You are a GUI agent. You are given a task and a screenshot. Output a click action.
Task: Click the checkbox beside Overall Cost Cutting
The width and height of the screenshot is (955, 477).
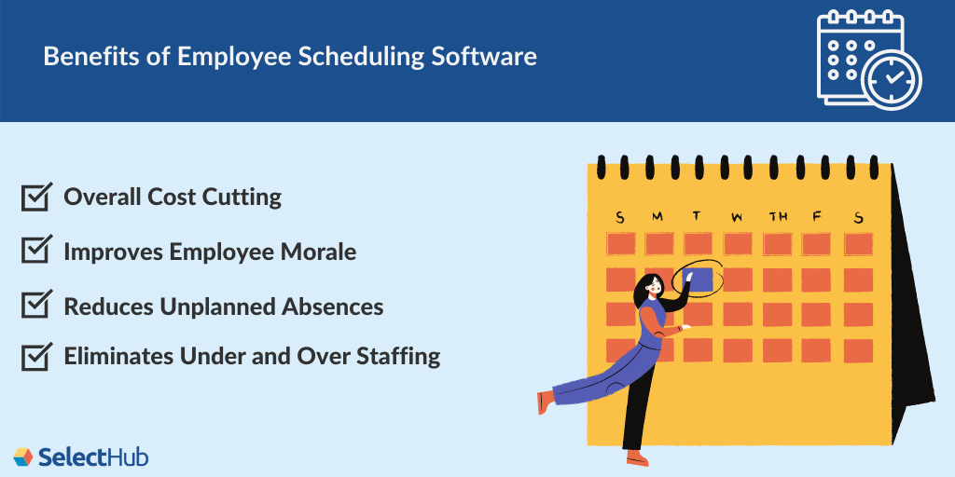pos(35,197)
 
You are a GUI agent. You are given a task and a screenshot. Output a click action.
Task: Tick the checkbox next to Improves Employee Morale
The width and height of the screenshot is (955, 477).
pos(35,251)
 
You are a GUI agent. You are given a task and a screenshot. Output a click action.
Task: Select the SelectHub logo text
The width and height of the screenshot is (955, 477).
pos(93,457)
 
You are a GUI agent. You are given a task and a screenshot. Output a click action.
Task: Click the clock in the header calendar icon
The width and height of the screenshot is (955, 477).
pos(892,77)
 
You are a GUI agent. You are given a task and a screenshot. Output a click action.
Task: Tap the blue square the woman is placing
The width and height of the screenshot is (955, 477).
pos(698,278)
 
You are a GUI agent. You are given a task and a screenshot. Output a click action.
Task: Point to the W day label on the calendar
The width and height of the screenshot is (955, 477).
pos(737,218)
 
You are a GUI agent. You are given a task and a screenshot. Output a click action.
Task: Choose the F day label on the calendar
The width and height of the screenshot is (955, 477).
pos(817,217)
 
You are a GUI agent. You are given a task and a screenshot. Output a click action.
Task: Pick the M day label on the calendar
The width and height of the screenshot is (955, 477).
pos(657,217)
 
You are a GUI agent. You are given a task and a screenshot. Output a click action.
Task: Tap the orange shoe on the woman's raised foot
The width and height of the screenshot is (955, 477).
pos(545,402)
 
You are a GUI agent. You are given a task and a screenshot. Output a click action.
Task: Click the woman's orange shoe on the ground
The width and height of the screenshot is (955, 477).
pos(637,457)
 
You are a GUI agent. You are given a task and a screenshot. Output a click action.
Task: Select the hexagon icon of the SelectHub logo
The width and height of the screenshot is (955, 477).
pos(22,457)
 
